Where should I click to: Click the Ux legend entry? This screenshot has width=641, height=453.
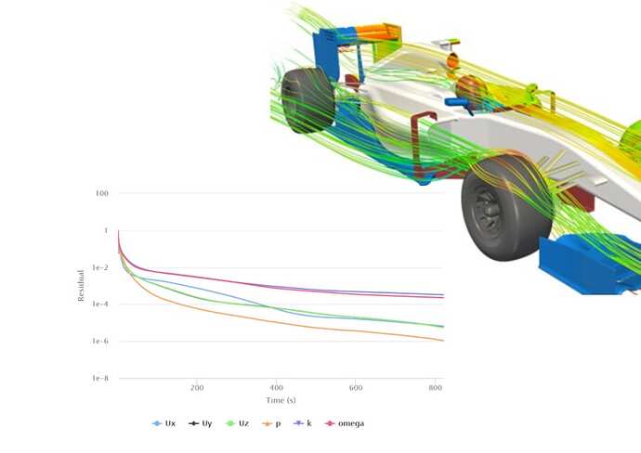coord(164,423)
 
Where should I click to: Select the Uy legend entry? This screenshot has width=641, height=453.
coord(201,423)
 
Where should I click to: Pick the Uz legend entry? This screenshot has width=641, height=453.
coord(237,423)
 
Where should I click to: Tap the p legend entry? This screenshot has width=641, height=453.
coord(271,423)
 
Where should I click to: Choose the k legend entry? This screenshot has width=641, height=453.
coord(303,423)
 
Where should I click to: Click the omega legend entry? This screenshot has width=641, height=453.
coord(345,423)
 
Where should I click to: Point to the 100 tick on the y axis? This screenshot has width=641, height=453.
coord(102,193)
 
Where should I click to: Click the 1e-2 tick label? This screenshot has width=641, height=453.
coord(100,267)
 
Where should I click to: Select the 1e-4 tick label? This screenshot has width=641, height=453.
coord(100,304)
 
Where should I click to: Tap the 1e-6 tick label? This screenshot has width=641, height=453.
coord(100,341)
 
